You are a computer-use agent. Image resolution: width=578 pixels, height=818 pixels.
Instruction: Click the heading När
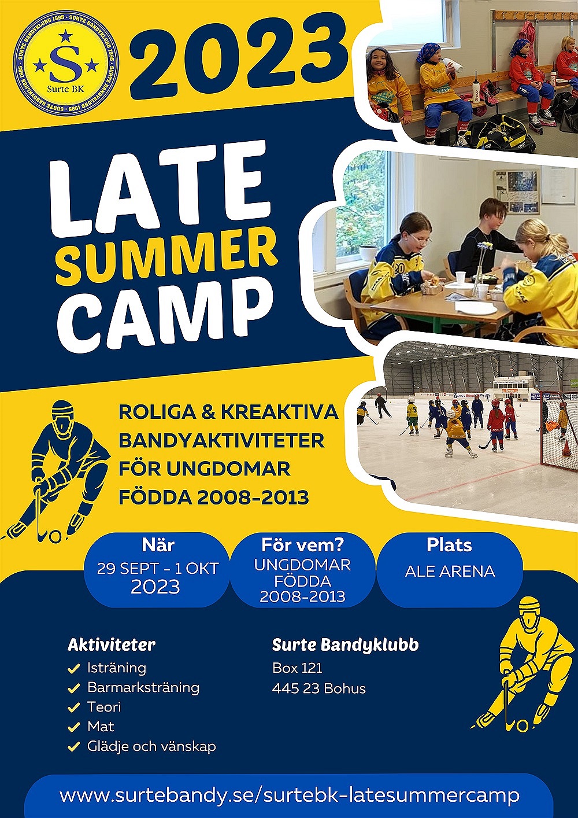point(158,545)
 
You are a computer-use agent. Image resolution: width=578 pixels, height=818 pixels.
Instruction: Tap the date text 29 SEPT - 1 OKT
point(158,569)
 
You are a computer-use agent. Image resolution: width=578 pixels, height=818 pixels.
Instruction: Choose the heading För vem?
point(302,545)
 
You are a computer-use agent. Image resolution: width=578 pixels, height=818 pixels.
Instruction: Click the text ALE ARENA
point(450,571)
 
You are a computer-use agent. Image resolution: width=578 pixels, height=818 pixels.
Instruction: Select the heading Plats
point(449,545)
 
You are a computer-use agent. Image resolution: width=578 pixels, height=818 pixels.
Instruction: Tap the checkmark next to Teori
point(74,708)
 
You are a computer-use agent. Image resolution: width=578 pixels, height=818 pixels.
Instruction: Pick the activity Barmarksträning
point(143,687)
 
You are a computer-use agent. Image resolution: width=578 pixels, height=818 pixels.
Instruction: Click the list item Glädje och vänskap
point(151,746)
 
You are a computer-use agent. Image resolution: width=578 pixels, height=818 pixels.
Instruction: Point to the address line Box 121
point(298,668)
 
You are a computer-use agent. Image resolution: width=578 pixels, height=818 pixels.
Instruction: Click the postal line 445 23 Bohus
point(319,688)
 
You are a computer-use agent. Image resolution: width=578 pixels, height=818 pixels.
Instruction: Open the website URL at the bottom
point(290,793)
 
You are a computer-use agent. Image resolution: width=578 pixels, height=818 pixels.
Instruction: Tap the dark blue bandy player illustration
point(57,471)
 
